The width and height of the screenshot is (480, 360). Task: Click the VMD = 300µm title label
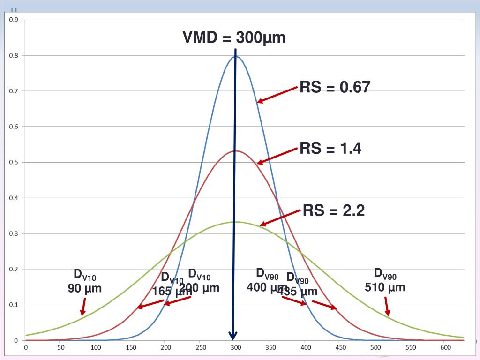234,37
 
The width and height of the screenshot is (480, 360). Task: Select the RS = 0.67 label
335,87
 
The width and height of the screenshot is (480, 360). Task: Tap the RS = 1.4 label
330,149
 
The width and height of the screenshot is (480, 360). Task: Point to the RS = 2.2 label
334,210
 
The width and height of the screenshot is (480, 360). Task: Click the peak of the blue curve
235,57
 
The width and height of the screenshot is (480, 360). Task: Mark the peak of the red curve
236,150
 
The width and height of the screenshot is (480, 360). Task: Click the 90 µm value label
85,288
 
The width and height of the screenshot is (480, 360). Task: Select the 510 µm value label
385,286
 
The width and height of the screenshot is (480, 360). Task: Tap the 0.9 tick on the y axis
14,20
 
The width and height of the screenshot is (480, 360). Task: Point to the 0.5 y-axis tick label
14,162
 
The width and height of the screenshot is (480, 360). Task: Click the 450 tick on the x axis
340,347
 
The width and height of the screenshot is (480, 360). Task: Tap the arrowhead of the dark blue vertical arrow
233,336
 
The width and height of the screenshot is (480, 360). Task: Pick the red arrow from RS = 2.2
280,218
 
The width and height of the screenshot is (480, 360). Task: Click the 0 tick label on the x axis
26,347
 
